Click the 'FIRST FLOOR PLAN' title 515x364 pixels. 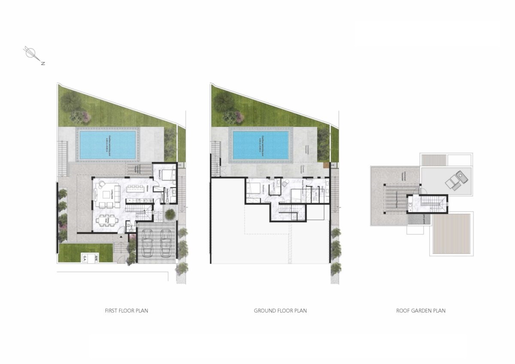(x=127, y=310)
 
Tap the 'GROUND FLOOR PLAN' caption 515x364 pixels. (x=280, y=310)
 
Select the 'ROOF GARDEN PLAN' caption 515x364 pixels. (x=421, y=310)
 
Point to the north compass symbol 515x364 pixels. (x=31, y=53)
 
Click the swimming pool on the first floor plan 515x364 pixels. (x=108, y=144)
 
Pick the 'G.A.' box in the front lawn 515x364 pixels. (x=85, y=258)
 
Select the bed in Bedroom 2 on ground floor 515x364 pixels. (x=253, y=188)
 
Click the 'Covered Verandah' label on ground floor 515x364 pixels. (x=303, y=169)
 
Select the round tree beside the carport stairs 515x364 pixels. (x=170, y=213)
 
